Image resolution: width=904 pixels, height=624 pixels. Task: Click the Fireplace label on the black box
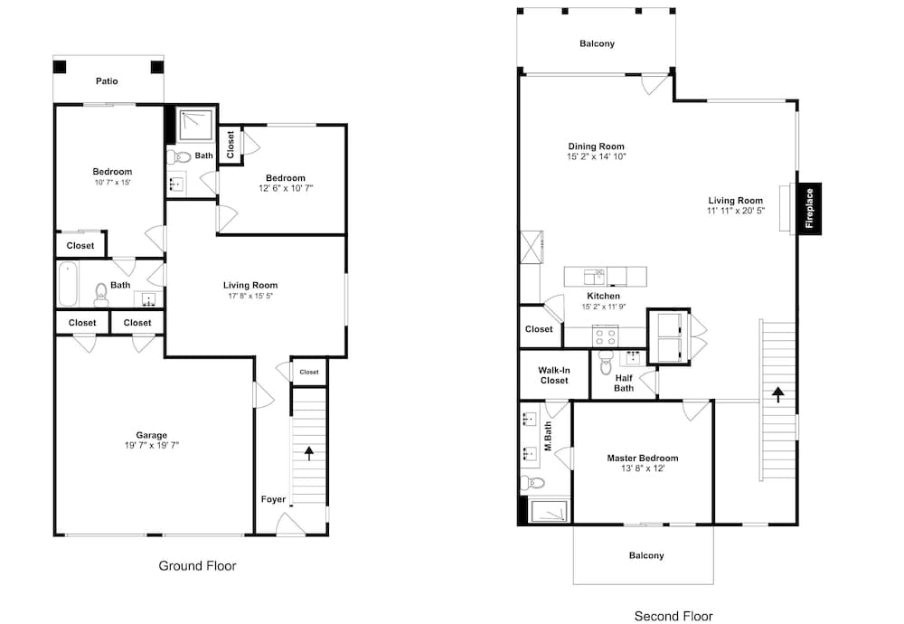(x=809, y=208)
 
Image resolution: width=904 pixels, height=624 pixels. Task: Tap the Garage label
(x=152, y=435)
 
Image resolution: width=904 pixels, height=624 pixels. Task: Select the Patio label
(x=107, y=81)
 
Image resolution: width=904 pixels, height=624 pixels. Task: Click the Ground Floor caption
(x=197, y=566)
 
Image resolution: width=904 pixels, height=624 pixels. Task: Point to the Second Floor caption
(x=673, y=616)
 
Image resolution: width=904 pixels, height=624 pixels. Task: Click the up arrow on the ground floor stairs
(x=309, y=453)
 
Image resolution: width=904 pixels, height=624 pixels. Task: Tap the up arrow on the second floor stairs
(x=778, y=394)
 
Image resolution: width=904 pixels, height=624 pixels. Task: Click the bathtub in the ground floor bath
(x=68, y=284)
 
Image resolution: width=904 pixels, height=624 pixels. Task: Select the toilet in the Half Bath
(x=605, y=362)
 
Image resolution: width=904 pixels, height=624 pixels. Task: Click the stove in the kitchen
(x=606, y=336)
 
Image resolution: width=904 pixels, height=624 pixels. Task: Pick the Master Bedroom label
(x=642, y=458)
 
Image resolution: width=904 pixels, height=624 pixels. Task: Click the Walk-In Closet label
(x=554, y=375)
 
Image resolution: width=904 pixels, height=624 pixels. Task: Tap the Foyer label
(x=273, y=499)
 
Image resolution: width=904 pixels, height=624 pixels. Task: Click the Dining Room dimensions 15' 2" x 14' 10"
(x=596, y=156)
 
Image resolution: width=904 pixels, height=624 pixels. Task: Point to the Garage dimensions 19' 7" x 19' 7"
(x=152, y=445)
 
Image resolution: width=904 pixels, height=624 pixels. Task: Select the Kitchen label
(x=603, y=296)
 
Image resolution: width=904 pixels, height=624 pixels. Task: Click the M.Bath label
(x=548, y=436)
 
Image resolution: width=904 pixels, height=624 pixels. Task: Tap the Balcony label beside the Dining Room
(x=597, y=43)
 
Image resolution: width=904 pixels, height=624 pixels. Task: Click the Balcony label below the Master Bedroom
(x=646, y=555)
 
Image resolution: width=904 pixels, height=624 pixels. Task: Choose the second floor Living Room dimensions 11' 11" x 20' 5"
(x=736, y=211)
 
